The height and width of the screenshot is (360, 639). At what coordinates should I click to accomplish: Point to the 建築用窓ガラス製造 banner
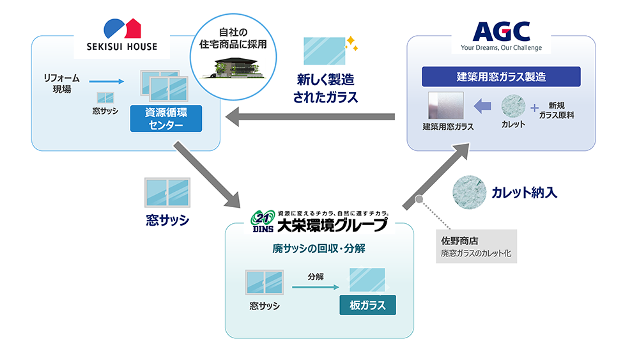coord(501,77)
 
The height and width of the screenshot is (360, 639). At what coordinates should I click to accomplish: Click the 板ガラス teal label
coord(367,305)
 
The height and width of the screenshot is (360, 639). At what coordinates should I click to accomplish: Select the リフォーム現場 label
coord(61,84)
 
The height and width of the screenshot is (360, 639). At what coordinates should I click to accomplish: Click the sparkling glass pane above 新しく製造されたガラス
coord(324,52)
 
